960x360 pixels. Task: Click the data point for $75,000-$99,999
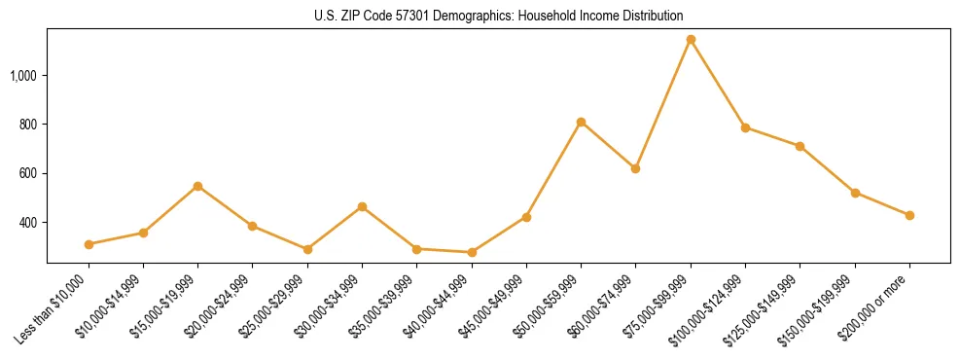[x=691, y=40]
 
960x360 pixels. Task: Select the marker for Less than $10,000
[x=89, y=244]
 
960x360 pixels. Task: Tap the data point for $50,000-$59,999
[x=581, y=123]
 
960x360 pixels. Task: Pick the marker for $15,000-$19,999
[x=197, y=186]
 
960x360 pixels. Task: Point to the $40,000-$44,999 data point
[x=472, y=252]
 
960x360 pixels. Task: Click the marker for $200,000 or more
[x=909, y=215]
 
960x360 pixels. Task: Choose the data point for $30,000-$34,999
[x=362, y=206]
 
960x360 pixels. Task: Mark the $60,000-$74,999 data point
[x=635, y=168]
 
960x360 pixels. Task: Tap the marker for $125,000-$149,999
[x=800, y=146]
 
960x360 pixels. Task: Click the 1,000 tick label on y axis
[x=24, y=75]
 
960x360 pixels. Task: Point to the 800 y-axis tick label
[x=29, y=125]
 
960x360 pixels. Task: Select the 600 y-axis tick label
[x=29, y=173]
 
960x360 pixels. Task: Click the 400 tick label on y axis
[x=29, y=223]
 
